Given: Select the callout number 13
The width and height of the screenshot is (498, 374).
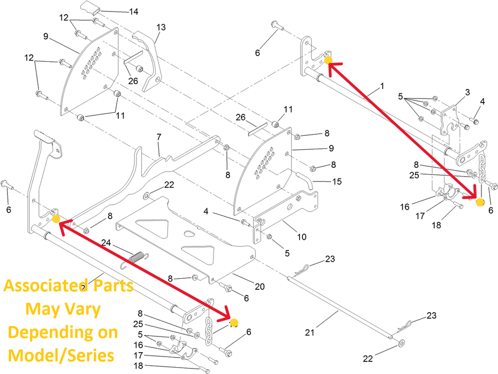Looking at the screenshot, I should coord(161,27).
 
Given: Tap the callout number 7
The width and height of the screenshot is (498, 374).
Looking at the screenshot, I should coord(158,138).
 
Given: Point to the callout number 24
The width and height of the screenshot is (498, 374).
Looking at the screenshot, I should coord(106,243).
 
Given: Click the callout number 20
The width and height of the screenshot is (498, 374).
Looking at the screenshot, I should coord(260,286).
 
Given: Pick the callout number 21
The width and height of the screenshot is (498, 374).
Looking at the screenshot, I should coord(310,333).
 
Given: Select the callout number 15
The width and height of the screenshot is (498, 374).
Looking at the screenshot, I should coord(337,181).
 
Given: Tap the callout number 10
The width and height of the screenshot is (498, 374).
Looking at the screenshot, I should coord(302,237).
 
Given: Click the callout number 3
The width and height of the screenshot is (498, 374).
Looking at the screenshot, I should coord(467,92).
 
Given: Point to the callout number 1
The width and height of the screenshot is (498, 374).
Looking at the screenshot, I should coord(382,86).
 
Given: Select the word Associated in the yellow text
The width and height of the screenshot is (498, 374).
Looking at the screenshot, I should coord(41,285).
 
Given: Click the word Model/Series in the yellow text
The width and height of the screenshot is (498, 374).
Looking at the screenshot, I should coord(62,356).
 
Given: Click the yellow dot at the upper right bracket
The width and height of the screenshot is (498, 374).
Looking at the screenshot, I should coord(328,60).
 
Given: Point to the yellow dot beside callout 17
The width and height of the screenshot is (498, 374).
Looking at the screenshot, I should coord(480,202).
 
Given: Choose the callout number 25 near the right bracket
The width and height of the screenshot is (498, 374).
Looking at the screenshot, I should coord(414,175).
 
